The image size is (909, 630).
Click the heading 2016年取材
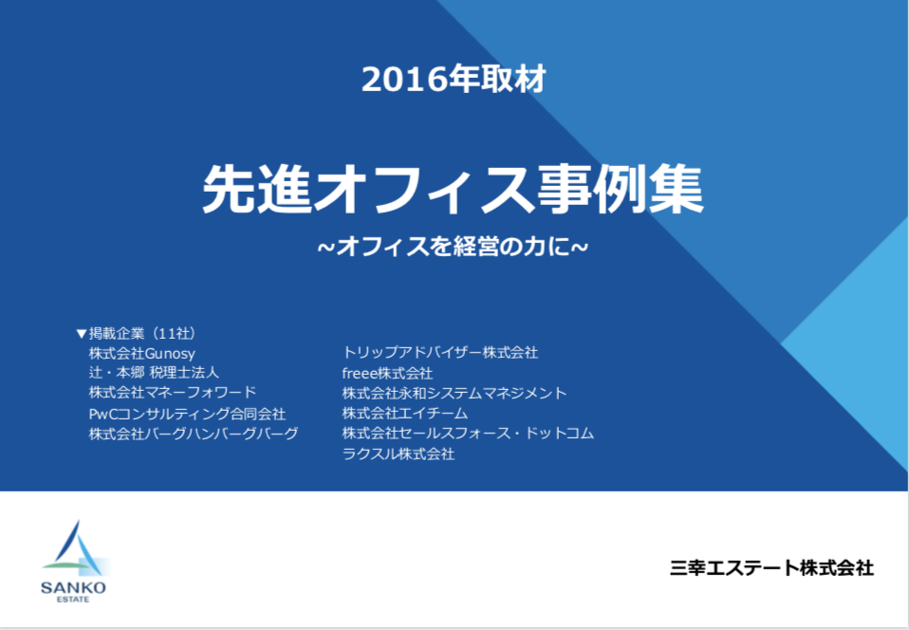click(x=454, y=79)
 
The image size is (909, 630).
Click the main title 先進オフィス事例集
click(x=453, y=190)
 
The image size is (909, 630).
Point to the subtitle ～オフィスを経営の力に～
click(x=454, y=247)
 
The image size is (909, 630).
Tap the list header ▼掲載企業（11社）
click(x=137, y=333)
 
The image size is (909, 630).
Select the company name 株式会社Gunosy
click(x=142, y=353)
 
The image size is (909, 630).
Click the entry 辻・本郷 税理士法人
click(x=154, y=372)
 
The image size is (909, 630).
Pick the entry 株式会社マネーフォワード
click(x=172, y=393)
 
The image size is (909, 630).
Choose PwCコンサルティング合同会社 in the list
click(x=187, y=414)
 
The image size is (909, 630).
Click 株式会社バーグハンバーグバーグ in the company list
click(x=194, y=434)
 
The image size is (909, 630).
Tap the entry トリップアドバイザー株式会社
click(x=440, y=352)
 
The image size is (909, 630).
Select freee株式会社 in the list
click(x=387, y=373)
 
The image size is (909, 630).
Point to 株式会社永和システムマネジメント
click(x=454, y=393)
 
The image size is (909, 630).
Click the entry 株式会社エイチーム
click(x=405, y=414)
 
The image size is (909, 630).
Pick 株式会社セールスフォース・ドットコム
click(x=469, y=433)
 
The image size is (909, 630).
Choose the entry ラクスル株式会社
click(x=399, y=454)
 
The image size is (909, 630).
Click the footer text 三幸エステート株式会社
click(x=771, y=568)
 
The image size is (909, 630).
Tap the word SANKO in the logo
click(x=73, y=587)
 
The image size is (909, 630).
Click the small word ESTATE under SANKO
click(x=73, y=600)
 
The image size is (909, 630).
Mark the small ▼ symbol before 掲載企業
click(x=82, y=334)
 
